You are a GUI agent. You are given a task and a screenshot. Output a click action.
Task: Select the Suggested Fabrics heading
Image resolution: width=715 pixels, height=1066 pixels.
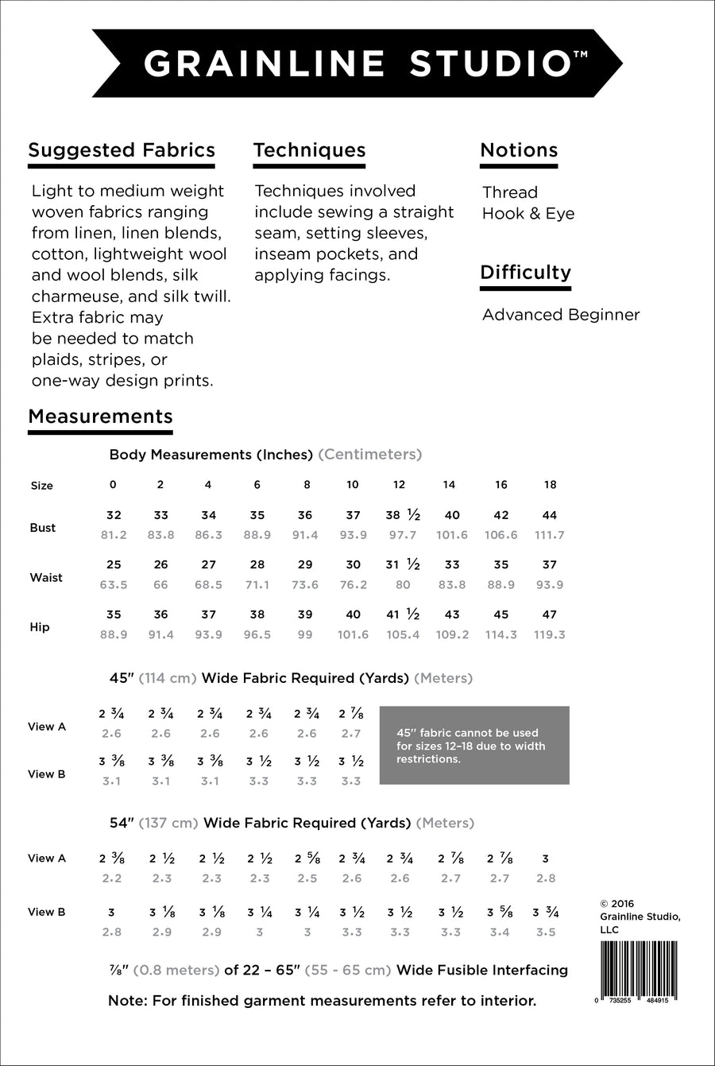tap(122, 150)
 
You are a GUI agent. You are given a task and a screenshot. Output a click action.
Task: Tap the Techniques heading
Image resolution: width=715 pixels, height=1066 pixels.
tap(309, 150)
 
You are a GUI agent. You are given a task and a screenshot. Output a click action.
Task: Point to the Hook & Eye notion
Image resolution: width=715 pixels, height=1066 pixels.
tap(528, 214)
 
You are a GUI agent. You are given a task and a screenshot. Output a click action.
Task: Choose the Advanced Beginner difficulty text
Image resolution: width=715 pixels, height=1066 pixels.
tap(561, 315)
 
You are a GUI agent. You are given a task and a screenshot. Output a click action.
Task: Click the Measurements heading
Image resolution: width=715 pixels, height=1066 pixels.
tap(100, 417)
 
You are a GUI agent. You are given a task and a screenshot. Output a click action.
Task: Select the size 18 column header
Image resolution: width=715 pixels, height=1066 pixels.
tap(550, 485)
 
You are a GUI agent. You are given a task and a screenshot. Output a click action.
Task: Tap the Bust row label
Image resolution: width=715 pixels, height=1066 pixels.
tap(43, 528)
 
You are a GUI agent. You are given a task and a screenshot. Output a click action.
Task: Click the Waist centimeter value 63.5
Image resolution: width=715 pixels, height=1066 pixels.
tap(114, 585)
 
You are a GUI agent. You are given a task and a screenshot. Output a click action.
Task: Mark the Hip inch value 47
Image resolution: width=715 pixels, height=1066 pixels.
tap(550, 614)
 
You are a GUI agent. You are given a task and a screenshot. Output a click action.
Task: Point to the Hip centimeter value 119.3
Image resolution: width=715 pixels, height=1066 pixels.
tap(550, 635)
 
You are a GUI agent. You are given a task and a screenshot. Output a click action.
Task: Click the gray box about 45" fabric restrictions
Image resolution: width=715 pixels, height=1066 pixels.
tap(474, 746)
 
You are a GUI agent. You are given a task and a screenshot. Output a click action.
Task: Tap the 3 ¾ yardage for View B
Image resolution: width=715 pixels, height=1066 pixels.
tap(546, 913)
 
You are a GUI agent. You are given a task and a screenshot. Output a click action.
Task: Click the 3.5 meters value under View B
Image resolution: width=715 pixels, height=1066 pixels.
tap(546, 932)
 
